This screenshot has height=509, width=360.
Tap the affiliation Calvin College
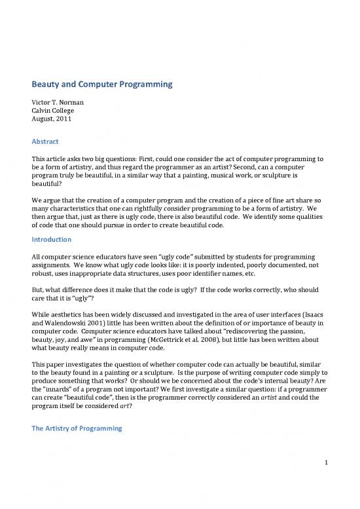point(54,112)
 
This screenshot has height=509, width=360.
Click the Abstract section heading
point(47,140)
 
